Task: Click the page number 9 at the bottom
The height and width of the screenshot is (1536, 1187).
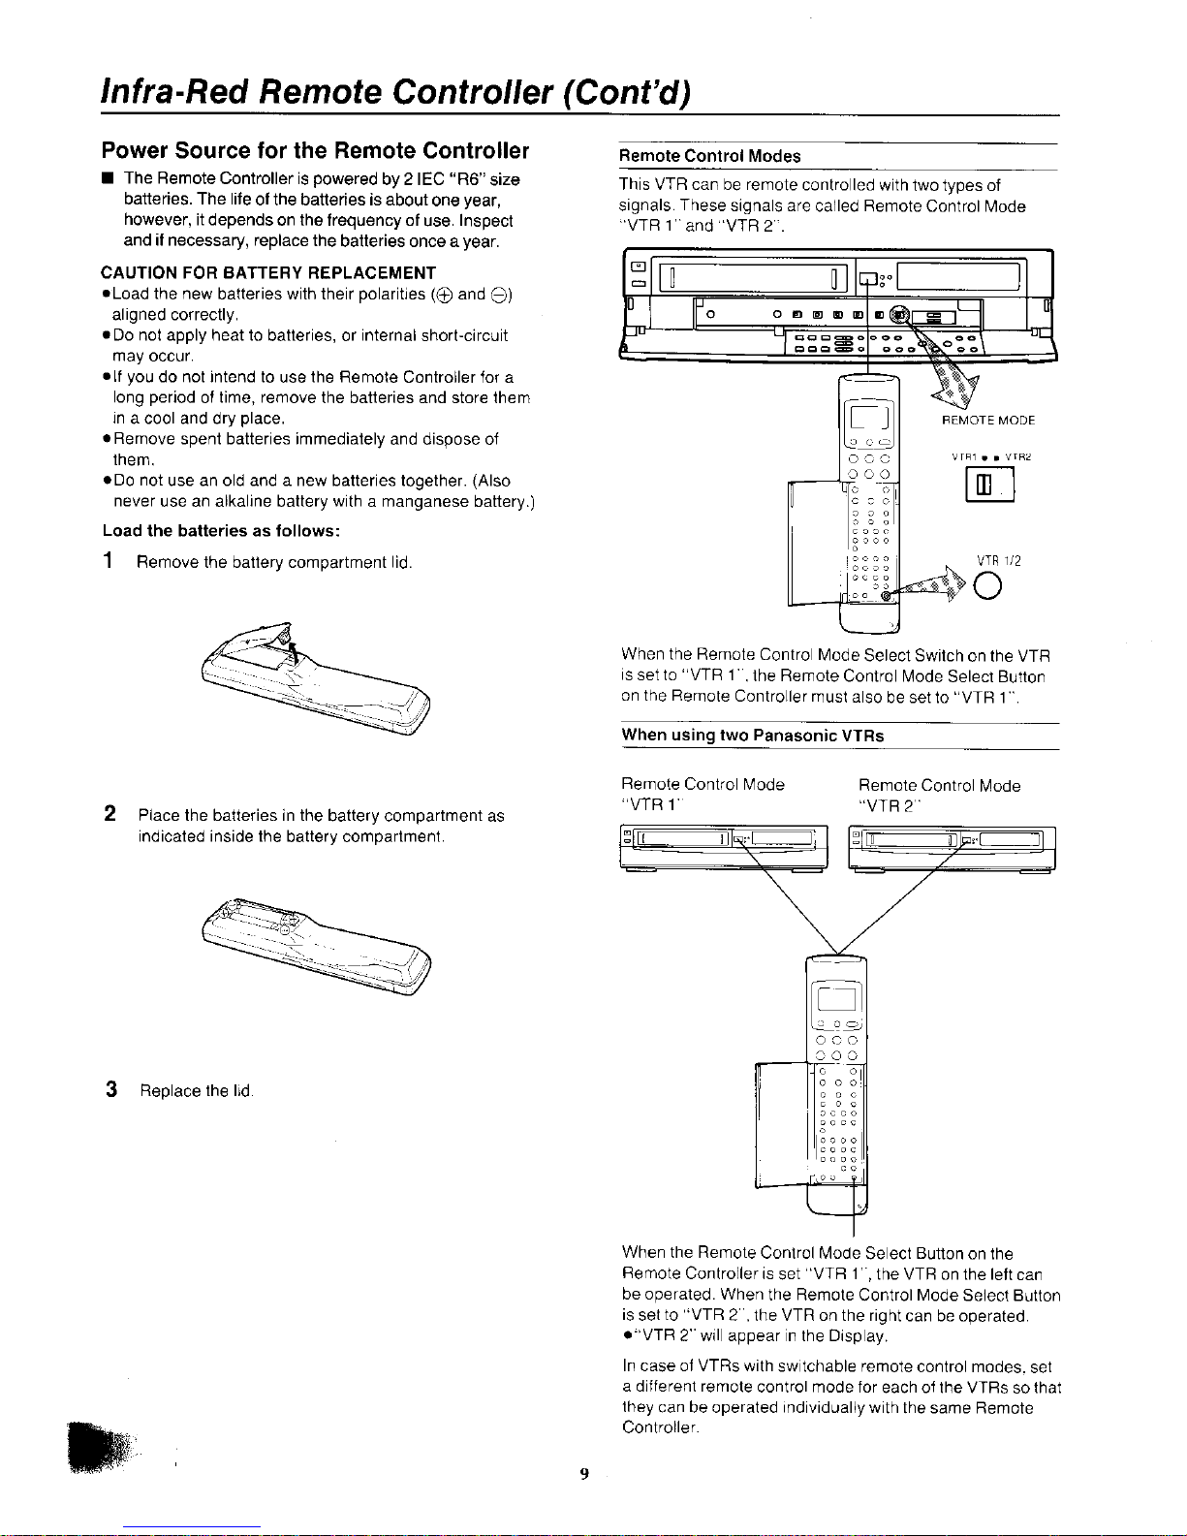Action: (x=584, y=1473)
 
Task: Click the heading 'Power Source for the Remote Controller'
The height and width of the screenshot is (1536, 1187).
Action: (x=315, y=150)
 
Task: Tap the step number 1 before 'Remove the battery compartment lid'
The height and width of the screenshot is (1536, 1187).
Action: (x=109, y=560)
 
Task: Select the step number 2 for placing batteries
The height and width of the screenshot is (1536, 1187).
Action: (x=110, y=814)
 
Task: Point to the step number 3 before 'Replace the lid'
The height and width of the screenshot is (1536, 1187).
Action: (x=110, y=1089)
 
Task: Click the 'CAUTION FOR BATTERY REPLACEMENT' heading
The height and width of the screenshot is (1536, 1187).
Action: (x=268, y=273)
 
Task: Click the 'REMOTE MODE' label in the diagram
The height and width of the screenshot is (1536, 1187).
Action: (x=988, y=421)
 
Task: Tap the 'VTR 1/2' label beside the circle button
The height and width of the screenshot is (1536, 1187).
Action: (x=998, y=560)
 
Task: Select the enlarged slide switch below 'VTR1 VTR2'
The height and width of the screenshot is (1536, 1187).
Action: (x=989, y=485)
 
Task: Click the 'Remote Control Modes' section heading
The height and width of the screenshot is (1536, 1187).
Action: (x=710, y=156)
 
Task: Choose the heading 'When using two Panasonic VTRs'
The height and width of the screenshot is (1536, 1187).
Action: (x=753, y=736)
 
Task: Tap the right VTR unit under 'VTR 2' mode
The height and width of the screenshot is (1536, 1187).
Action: (x=952, y=849)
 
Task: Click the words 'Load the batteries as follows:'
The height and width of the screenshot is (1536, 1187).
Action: (x=221, y=531)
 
